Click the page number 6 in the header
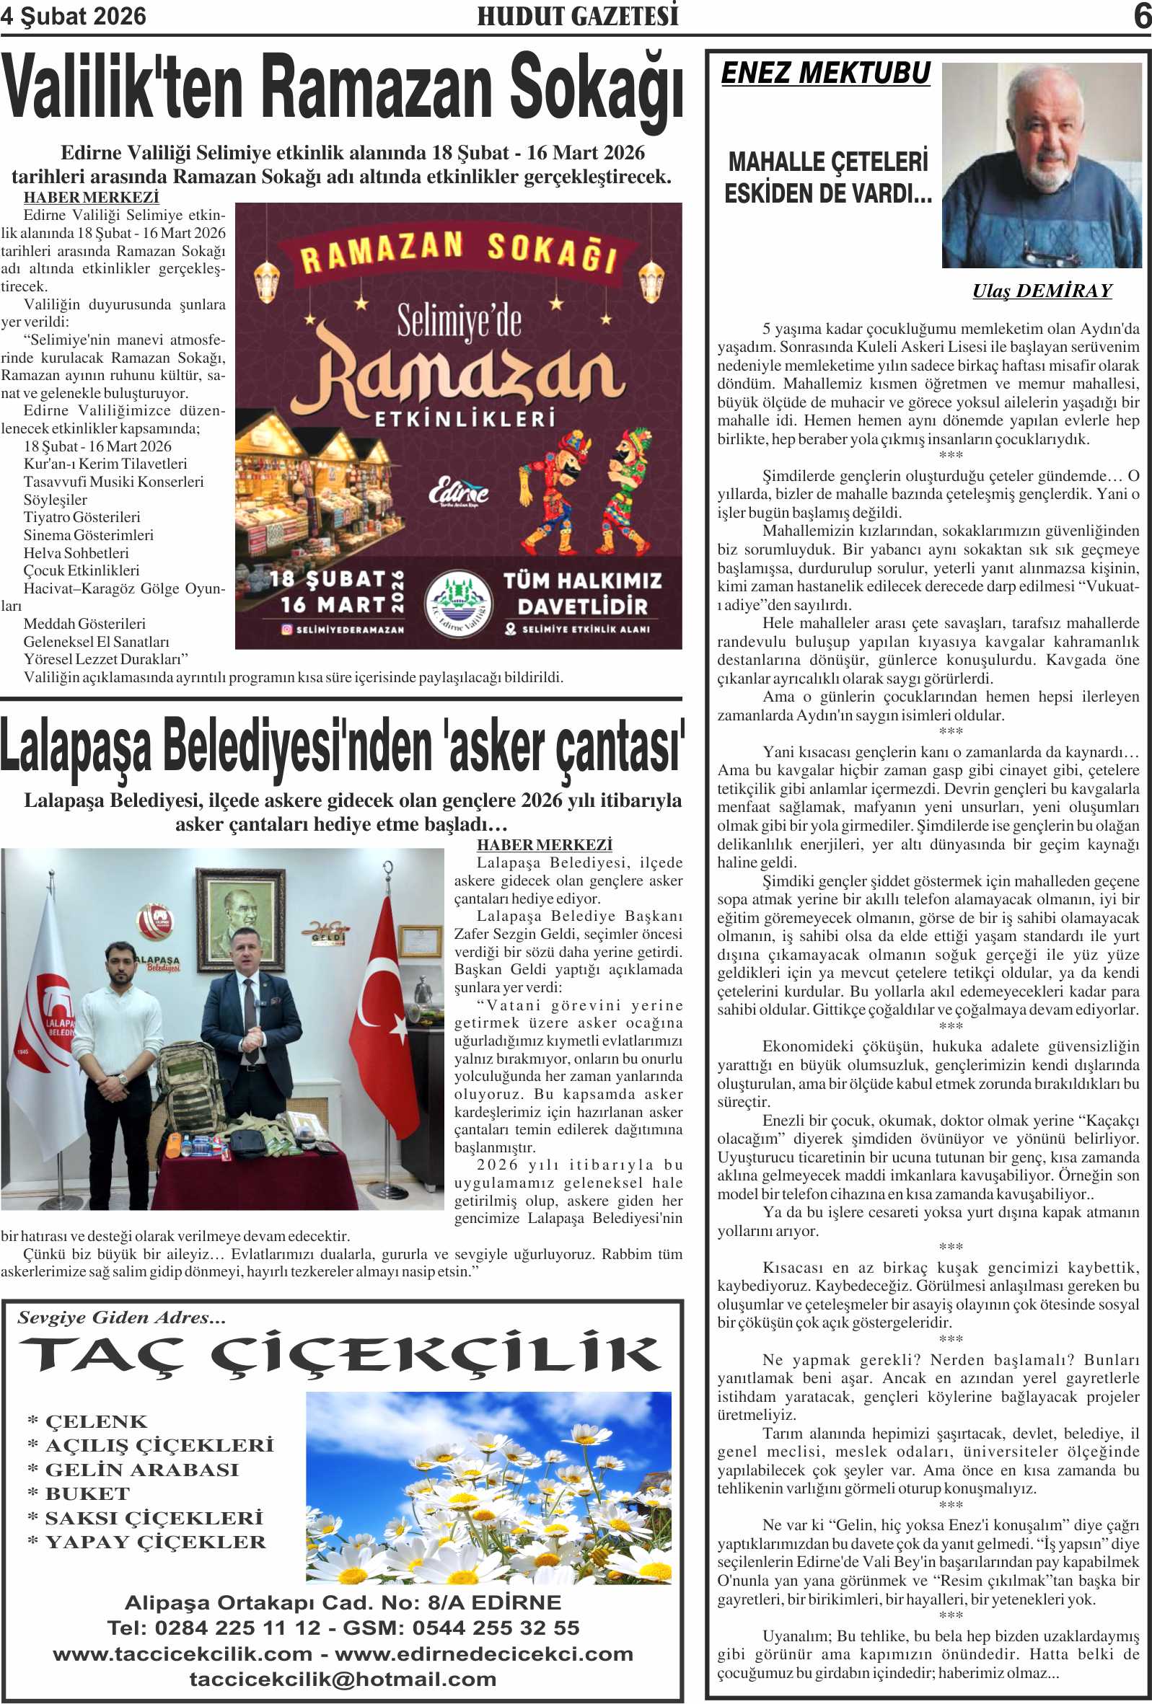pos(1141,16)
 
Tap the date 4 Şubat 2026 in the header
pos(74,16)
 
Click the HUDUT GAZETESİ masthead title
pos(577,16)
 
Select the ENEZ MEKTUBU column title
pos(826,74)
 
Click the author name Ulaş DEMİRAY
pos(1042,291)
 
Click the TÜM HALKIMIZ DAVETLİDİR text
pos(582,593)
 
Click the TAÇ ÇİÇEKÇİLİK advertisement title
pos(341,1354)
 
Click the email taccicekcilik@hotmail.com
pos(343,1679)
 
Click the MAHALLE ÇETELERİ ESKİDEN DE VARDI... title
pos(828,177)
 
